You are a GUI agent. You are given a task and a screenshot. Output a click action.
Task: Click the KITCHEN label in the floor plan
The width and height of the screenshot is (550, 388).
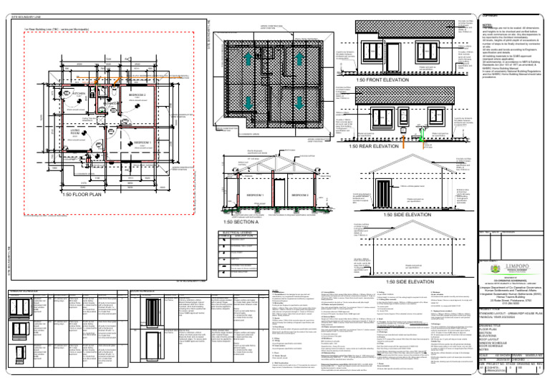pos(79,94)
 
